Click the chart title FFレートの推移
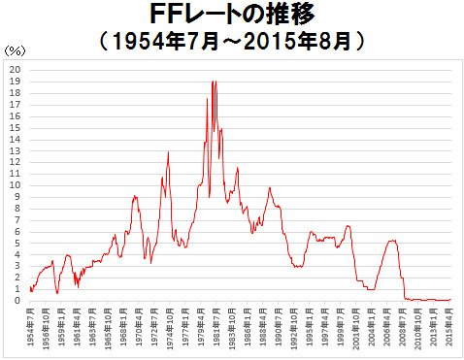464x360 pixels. (232, 16)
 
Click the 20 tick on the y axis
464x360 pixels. (16, 70)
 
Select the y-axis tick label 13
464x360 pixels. (16, 150)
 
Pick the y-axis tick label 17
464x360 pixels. (16, 105)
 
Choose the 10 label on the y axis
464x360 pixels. (16, 185)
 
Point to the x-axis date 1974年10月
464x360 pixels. (170, 330)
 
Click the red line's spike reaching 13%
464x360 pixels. (168, 152)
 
